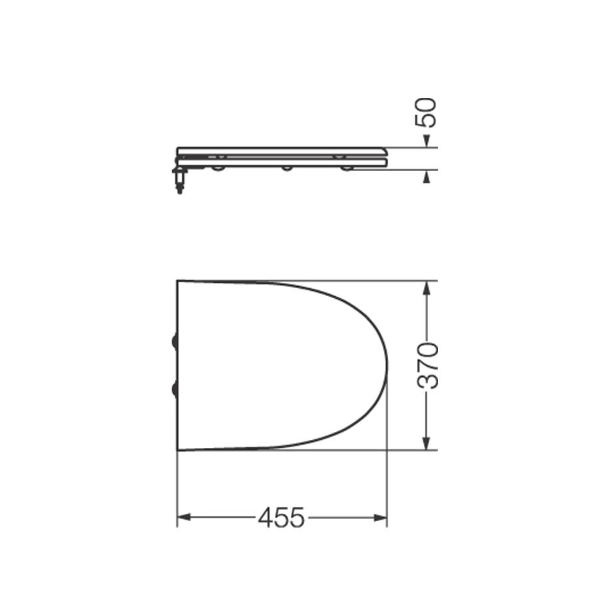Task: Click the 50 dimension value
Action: pos(426,112)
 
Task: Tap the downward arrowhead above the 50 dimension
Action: pos(427,140)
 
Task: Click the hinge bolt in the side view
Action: pos(179,180)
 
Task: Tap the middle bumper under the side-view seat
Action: pos(287,168)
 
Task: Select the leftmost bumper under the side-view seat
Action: pos(217,168)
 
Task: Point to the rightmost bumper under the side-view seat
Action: pos(347,168)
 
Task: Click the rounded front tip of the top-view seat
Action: pos(386,365)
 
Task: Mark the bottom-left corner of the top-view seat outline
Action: pos(178,450)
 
